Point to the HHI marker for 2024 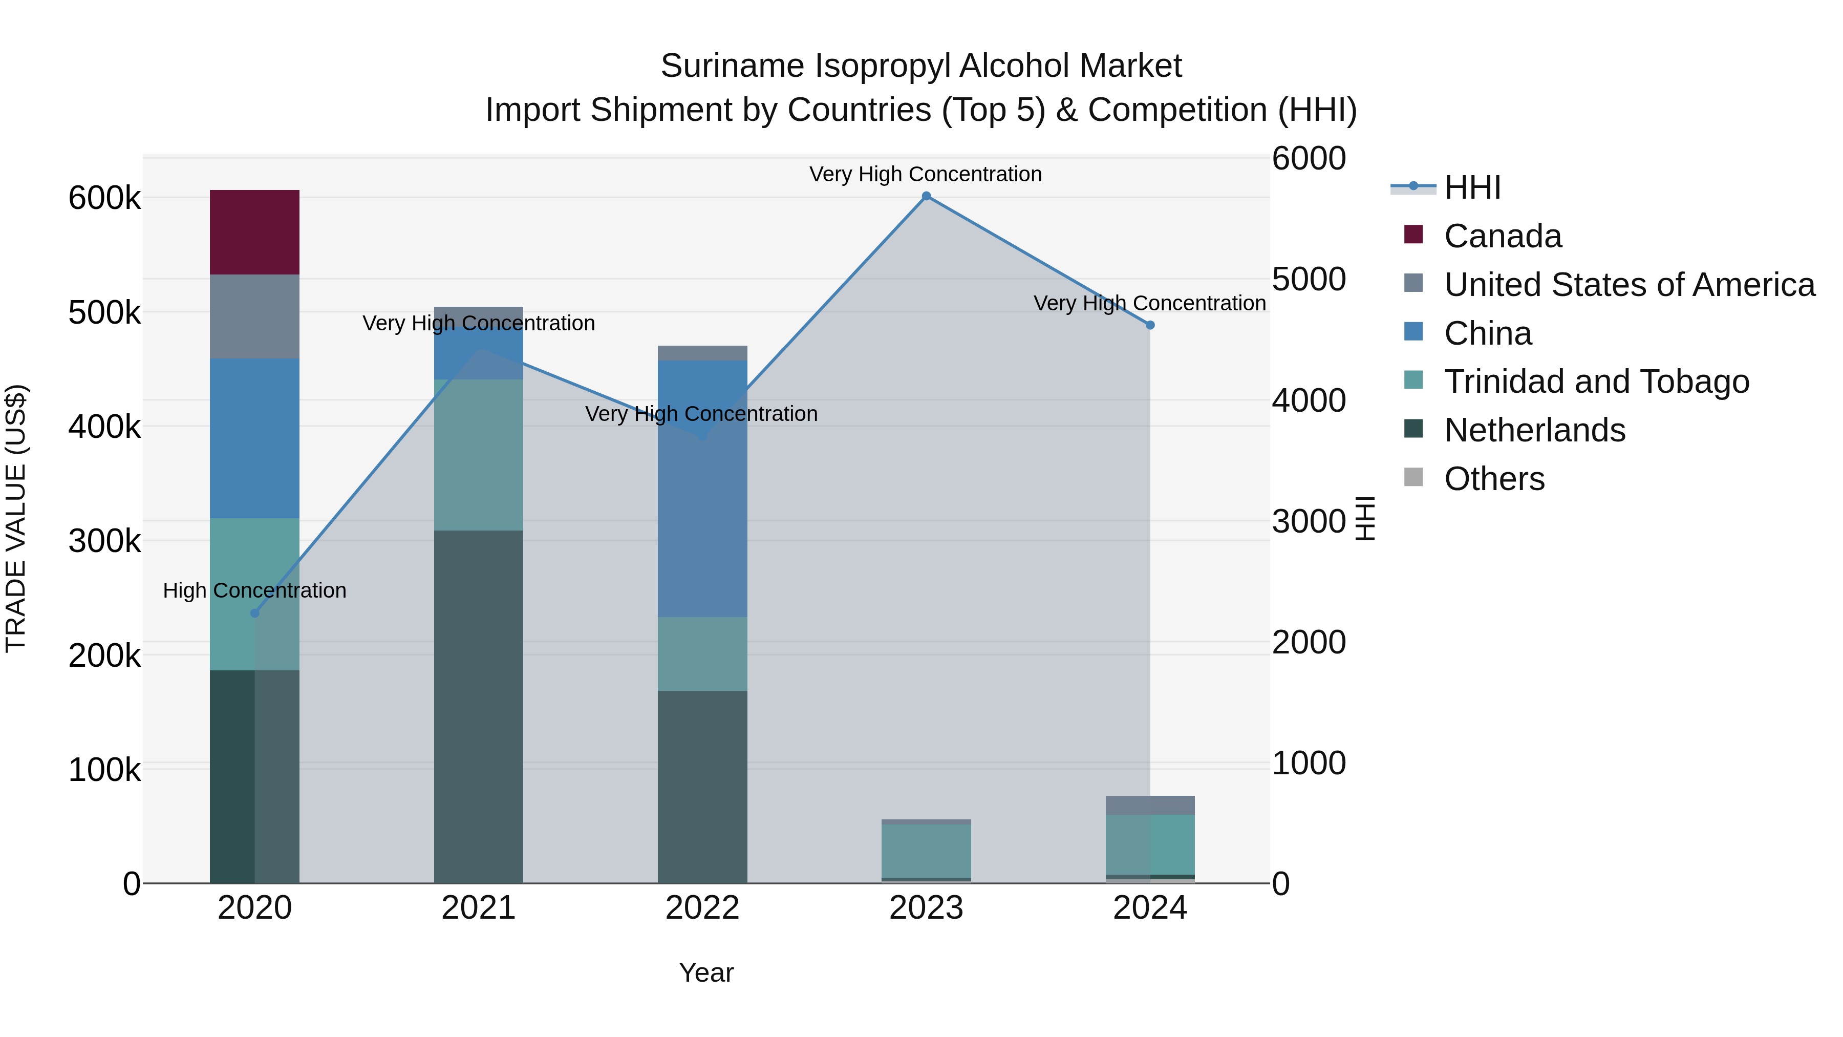point(1150,325)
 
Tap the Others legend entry point(1493,479)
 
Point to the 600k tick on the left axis point(104,198)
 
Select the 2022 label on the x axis point(702,908)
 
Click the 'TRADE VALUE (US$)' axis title point(16,518)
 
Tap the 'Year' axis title point(705,972)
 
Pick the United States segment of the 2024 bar point(1150,805)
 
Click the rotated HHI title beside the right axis point(1365,518)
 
